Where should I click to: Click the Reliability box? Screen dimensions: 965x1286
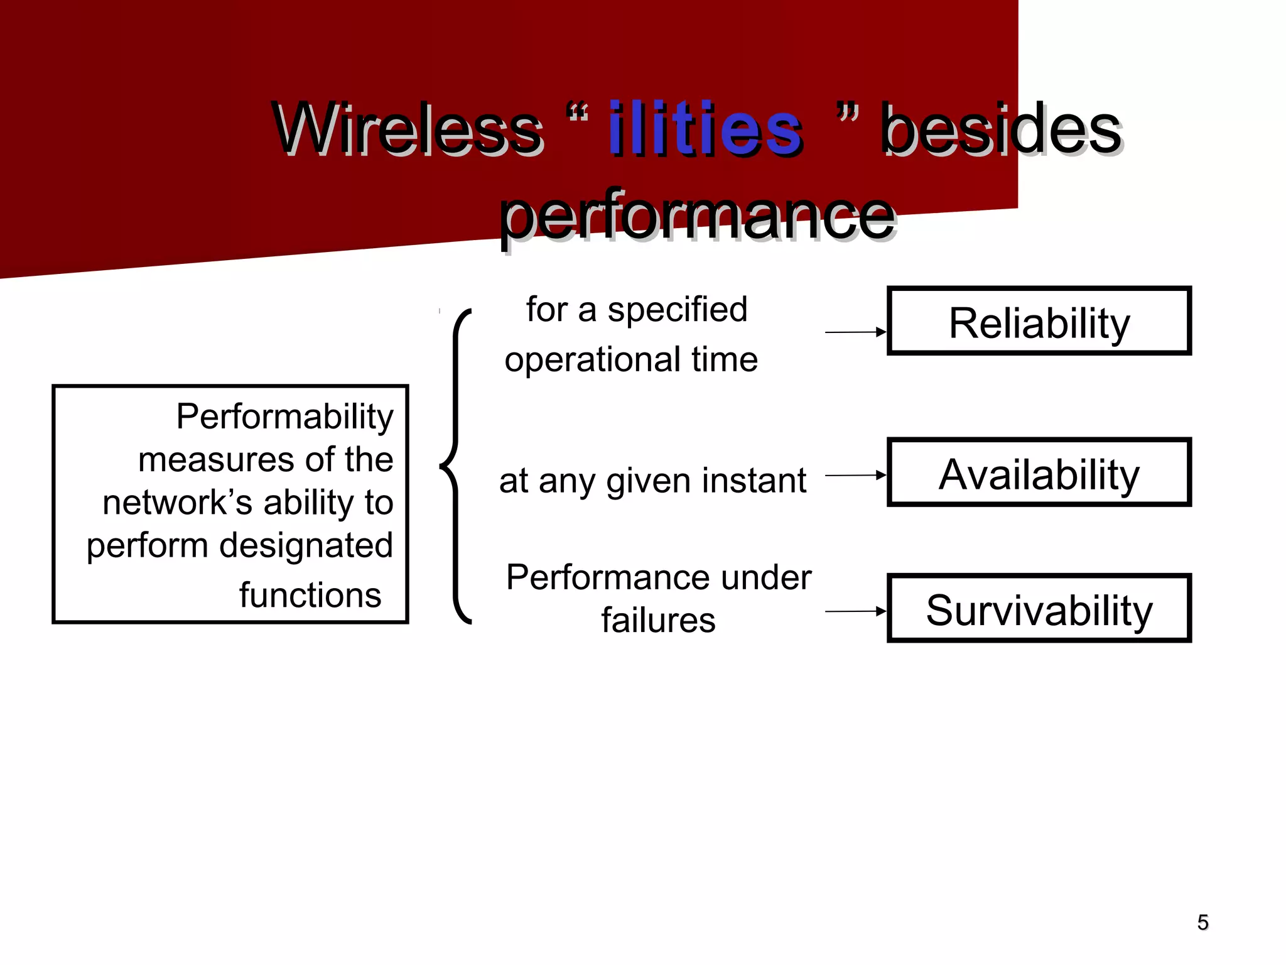coord(1039,322)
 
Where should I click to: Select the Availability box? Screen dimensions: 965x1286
coord(1039,473)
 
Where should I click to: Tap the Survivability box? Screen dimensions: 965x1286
coord(1039,609)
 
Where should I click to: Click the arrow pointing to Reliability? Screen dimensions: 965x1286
coord(855,332)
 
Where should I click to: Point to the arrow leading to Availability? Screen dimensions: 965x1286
coord(855,476)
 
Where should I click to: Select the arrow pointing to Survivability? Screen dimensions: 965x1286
coord(855,611)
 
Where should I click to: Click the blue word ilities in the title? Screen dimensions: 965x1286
coord(705,129)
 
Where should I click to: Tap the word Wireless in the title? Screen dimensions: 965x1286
coord(408,129)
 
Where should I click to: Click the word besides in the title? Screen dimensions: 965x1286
coord(1001,129)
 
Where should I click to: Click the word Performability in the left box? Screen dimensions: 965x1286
coord(284,417)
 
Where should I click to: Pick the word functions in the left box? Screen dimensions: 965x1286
coord(310,595)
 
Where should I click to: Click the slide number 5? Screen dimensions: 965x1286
coord(1202,922)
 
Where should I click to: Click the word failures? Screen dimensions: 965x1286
coord(658,621)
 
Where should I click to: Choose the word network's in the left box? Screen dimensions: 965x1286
coord(177,503)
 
